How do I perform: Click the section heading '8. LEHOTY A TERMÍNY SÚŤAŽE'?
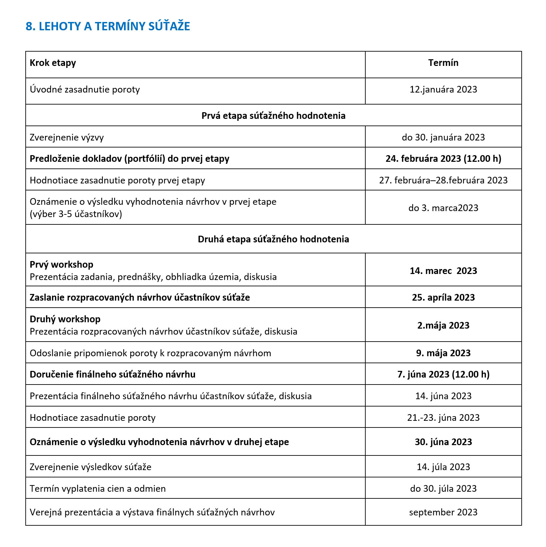(x=108, y=26)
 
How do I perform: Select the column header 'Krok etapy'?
(x=53, y=63)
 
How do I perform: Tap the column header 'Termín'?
(x=443, y=63)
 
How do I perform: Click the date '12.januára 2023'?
(x=443, y=90)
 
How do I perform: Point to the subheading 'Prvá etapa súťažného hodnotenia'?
(x=273, y=116)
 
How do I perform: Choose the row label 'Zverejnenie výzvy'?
(x=67, y=137)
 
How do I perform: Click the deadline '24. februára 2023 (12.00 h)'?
(x=443, y=159)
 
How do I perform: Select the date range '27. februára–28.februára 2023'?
(x=443, y=180)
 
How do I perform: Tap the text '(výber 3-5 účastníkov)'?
(x=76, y=214)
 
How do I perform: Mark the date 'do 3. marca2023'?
(x=443, y=208)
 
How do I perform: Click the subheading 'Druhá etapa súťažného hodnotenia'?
(x=273, y=239)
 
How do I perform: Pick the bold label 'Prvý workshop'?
(x=61, y=265)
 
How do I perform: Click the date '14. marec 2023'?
(x=443, y=271)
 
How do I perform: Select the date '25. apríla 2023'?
(x=443, y=298)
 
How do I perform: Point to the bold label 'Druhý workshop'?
(x=65, y=319)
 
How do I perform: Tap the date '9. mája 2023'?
(x=443, y=353)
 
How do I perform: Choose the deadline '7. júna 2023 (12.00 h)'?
(x=443, y=375)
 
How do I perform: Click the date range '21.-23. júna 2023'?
(x=443, y=418)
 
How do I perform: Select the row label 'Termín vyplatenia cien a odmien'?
(x=98, y=489)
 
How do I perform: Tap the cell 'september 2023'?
(x=443, y=512)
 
